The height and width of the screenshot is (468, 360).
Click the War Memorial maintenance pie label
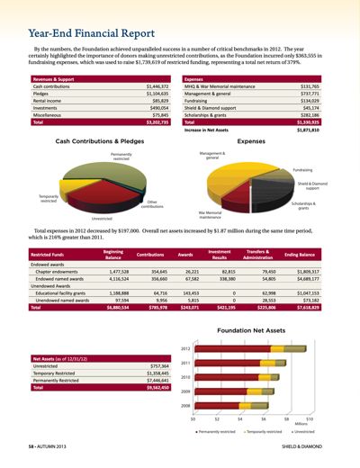(x=210, y=215)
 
